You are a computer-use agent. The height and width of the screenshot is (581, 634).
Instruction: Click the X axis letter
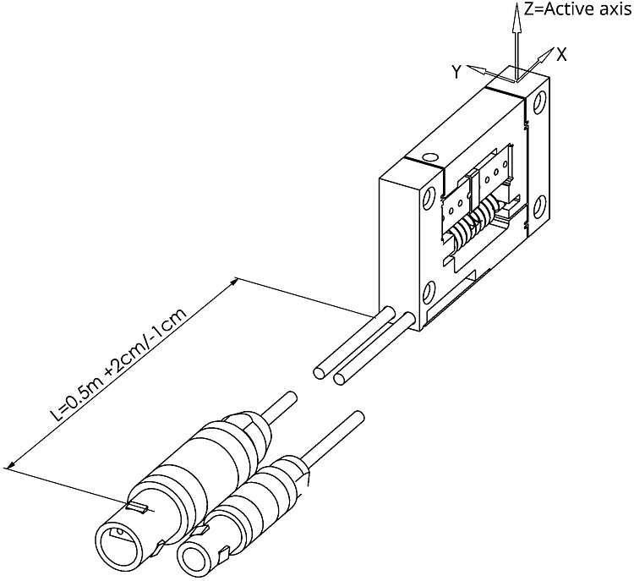point(561,53)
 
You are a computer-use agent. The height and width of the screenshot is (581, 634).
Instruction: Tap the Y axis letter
point(456,73)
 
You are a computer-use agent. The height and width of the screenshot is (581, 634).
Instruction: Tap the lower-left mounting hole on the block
point(428,294)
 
